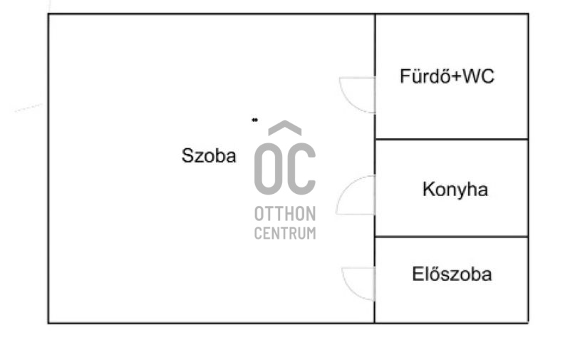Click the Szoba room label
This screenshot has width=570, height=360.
pyautogui.click(x=209, y=155)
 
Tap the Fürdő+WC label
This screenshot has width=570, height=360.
pyautogui.click(x=447, y=76)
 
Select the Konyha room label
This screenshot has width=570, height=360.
pyautogui.click(x=455, y=190)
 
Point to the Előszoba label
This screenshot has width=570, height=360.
pyautogui.click(x=452, y=274)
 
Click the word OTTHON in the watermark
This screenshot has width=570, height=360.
pyautogui.click(x=285, y=214)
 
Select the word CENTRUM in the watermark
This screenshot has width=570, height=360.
pyautogui.click(x=285, y=233)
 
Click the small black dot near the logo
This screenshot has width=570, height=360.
pyautogui.click(x=255, y=120)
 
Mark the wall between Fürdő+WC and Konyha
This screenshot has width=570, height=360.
pyautogui.click(x=452, y=139)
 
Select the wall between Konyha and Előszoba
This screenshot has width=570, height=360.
pyautogui.click(x=452, y=237)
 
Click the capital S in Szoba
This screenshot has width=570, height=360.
pyautogui.click(x=187, y=155)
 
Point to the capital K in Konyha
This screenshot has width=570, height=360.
pyautogui.click(x=429, y=189)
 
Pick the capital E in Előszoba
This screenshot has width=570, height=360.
pyautogui.click(x=418, y=274)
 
